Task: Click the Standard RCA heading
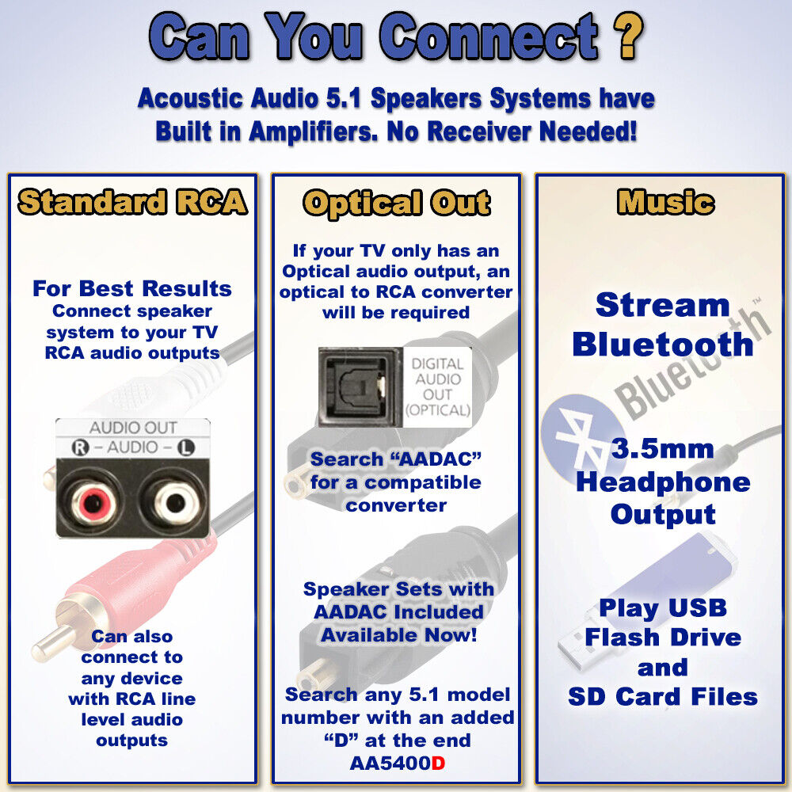click(x=132, y=203)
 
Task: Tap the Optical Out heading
click(x=396, y=204)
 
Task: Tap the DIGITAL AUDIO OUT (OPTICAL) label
click(x=437, y=387)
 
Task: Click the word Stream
click(x=662, y=305)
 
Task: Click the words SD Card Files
click(x=662, y=697)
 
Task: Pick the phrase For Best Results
click(x=132, y=288)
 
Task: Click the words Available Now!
click(x=398, y=635)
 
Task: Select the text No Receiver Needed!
click(x=512, y=131)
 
